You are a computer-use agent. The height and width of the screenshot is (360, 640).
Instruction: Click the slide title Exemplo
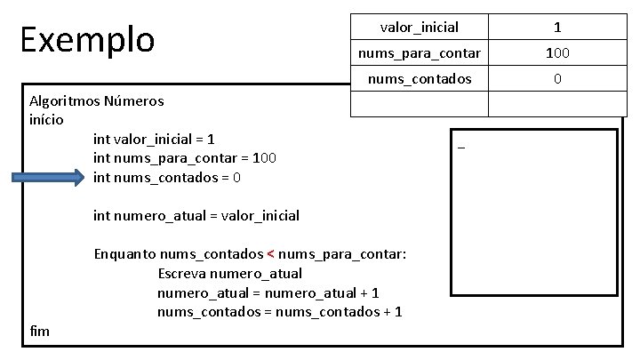(x=87, y=39)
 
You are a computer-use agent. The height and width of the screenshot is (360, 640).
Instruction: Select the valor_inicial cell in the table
(x=420, y=28)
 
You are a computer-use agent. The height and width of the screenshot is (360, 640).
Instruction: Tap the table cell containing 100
(x=557, y=53)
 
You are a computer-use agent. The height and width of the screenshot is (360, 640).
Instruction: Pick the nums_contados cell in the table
(x=420, y=79)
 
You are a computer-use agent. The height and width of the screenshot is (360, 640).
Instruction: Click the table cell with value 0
(x=557, y=79)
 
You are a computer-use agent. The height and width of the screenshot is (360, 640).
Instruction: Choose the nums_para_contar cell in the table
(x=420, y=53)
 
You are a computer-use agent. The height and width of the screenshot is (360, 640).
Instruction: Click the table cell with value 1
(x=557, y=28)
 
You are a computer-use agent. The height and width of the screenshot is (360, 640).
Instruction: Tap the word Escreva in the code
(x=183, y=273)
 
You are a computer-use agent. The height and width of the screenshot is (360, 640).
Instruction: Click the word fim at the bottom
(x=40, y=331)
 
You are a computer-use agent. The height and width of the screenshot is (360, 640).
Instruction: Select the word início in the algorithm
(x=46, y=119)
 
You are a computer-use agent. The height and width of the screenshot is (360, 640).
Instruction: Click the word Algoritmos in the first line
(x=64, y=100)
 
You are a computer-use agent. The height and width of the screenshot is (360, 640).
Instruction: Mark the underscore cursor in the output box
(x=461, y=148)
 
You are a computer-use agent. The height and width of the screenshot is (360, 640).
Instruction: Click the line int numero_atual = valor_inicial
(x=196, y=215)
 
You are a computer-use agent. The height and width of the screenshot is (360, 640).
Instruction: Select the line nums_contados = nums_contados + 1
(x=279, y=311)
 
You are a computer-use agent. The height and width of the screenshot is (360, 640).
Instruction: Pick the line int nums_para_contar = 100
(x=185, y=158)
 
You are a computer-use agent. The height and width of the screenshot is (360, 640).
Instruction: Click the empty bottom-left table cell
(x=420, y=105)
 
